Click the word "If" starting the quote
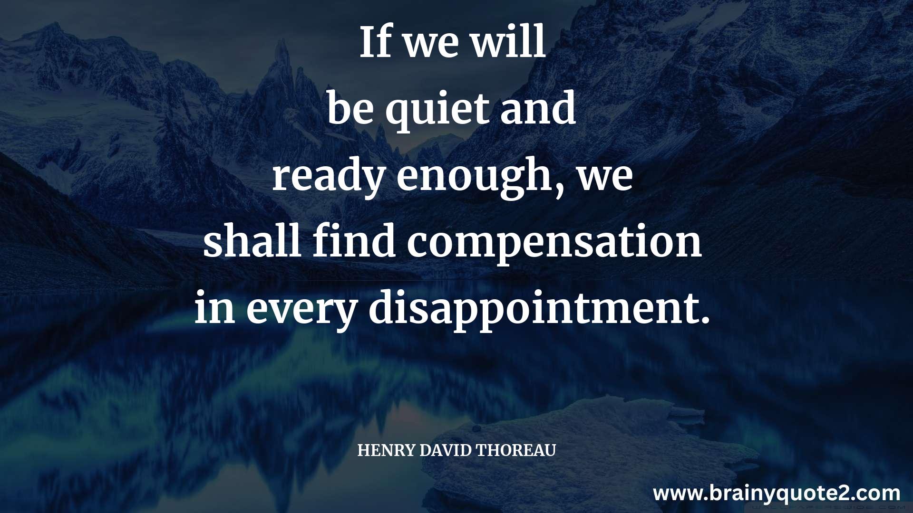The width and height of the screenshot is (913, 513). click(x=375, y=42)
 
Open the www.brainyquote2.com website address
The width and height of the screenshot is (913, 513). click(x=777, y=494)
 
